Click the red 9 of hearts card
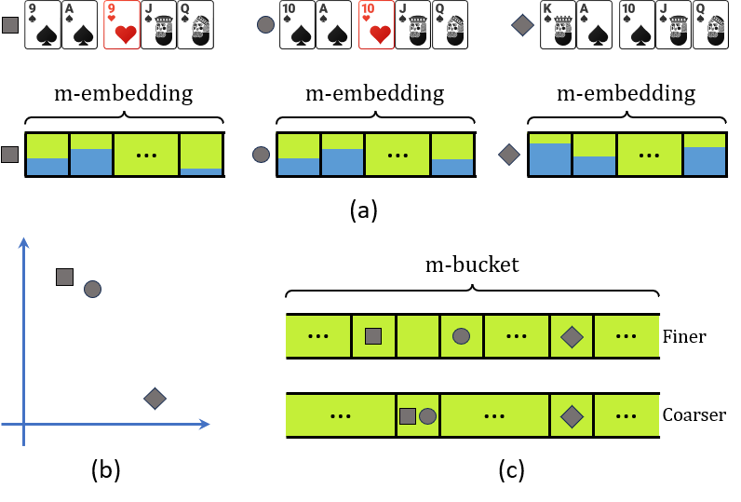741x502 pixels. pos(121,25)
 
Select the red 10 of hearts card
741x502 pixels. pos(376,25)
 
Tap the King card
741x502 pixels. pos(558,25)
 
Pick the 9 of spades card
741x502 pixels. pos(42,25)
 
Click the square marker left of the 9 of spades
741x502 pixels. pos(10,25)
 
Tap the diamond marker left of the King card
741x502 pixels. pos(523,25)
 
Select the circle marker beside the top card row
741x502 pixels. pos(266,25)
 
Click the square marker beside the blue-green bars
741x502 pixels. pos(9,155)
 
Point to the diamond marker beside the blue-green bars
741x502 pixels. pos(509,155)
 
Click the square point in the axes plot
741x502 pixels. pos(64,277)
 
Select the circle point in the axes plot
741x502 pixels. pos(92,289)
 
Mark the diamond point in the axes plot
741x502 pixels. pos(155,399)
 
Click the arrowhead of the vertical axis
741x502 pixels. pos(23,242)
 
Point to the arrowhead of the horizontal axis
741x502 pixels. pos(205,424)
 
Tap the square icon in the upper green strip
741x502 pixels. pos(373,336)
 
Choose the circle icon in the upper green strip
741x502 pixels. pos(461,336)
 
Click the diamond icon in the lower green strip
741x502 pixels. pos(572,416)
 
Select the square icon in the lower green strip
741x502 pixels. pos(408,416)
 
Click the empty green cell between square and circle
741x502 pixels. pos(418,336)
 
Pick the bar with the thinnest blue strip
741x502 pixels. pos(201,155)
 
